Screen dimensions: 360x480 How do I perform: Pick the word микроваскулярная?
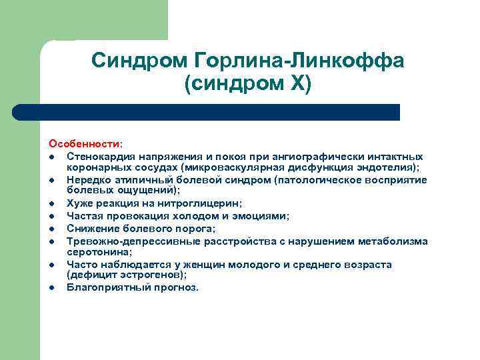click(233, 167)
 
